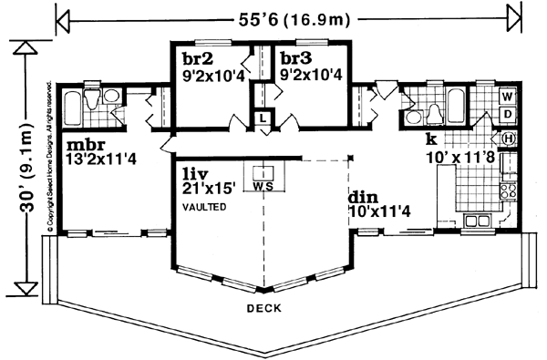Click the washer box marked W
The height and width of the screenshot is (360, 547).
(x=507, y=96)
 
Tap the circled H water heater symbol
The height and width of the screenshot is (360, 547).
(x=508, y=138)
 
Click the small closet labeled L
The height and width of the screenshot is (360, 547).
(x=262, y=118)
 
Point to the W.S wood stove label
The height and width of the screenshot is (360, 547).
(x=263, y=187)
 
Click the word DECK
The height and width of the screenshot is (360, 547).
(x=262, y=308)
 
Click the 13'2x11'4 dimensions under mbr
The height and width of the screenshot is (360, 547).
(x=102, y=160)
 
